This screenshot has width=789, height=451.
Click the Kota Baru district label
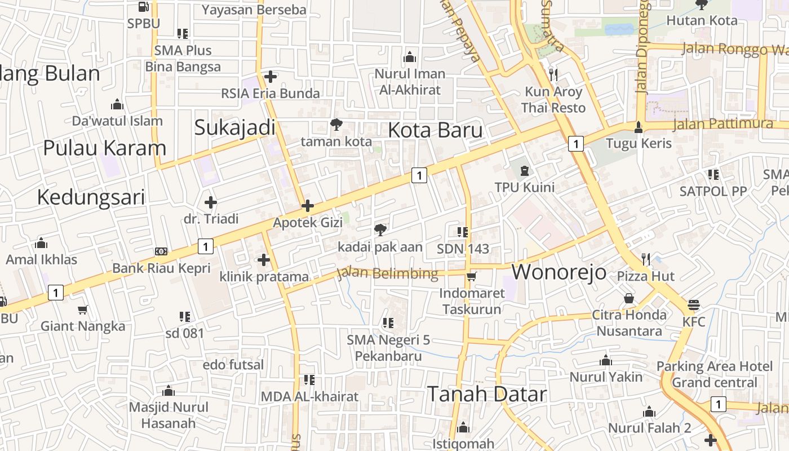point(435,130)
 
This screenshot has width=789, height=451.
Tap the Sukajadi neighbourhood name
point(234,127)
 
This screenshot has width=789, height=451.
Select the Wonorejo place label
point(558,272)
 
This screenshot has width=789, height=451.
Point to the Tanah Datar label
point(486,394)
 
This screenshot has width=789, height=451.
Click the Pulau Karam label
point(105,148)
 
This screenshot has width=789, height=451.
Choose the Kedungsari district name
point(91,197)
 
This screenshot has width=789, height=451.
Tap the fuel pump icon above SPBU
point(144,7)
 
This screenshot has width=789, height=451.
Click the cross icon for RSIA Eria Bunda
point(271,77)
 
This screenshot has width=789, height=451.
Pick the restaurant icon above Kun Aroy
point(553,74)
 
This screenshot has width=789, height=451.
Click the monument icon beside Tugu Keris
point(638,127)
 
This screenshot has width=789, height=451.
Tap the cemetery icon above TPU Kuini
point(525,170)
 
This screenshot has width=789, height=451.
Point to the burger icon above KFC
point(694,305)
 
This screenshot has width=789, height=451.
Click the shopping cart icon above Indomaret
point(471,276)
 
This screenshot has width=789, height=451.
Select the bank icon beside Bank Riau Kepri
point(161,251)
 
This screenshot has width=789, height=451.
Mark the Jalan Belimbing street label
point(387,273)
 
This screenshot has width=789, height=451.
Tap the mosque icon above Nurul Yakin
point(606,360)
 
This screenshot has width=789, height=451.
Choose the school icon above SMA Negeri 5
point(388,323)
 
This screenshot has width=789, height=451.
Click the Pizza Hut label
point(646,276)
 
